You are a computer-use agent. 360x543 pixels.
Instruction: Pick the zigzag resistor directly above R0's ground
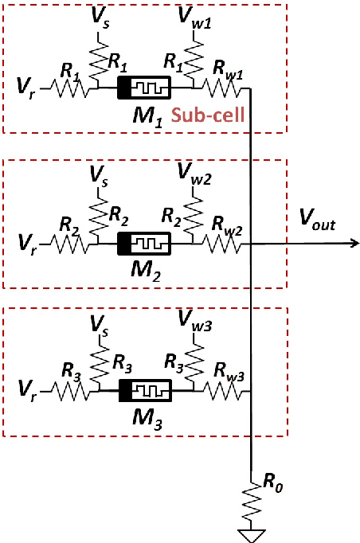coord(252,500)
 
